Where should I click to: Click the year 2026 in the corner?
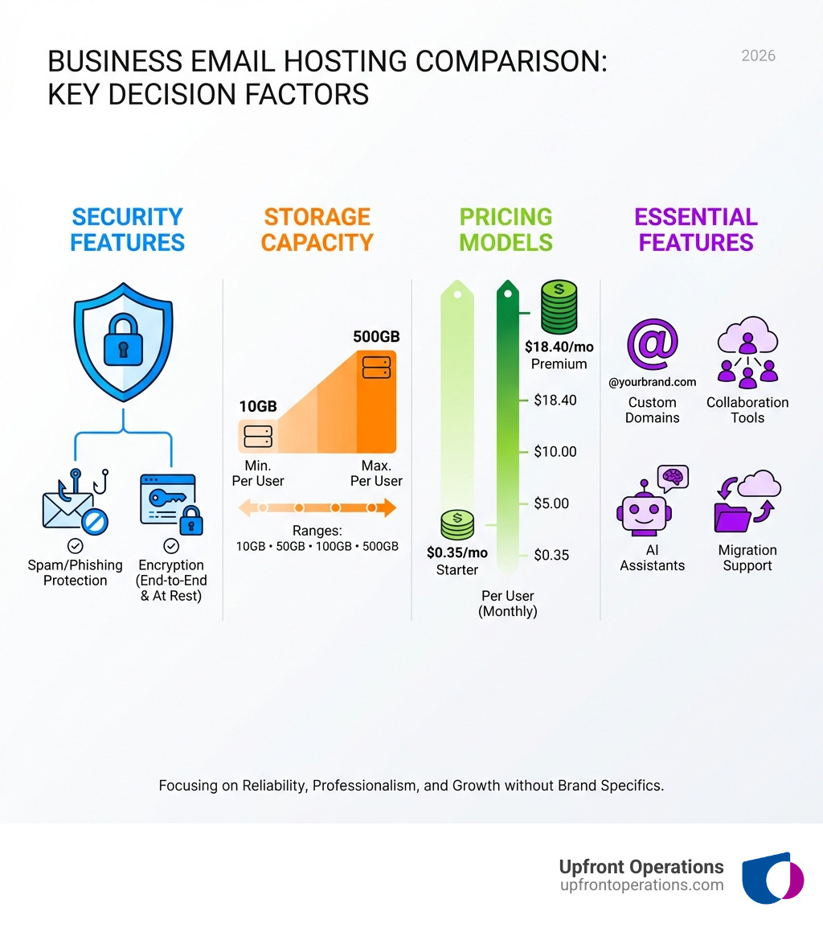(758, 55)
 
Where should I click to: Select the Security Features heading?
(127, 229)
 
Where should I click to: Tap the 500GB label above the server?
(376, 336)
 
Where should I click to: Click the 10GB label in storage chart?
(258, 407)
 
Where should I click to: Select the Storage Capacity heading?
(317, 229)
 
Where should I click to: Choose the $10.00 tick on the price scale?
(555, 452)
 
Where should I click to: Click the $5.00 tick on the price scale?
(551, 503)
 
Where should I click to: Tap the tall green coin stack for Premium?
(559, 306)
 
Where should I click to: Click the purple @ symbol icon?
(652, 344)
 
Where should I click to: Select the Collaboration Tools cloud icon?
(747, 353)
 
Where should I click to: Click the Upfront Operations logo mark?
(772, 877)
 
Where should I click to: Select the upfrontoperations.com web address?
(641, 885)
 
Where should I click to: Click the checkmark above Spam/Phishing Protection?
(75, 546)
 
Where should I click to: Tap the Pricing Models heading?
(506, 229)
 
